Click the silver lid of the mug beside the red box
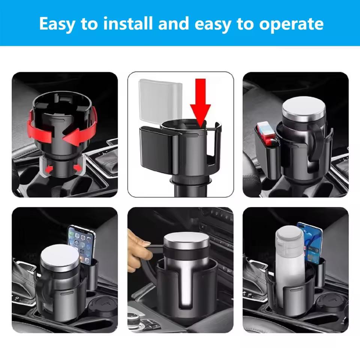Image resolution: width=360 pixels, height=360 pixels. [300, 106]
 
